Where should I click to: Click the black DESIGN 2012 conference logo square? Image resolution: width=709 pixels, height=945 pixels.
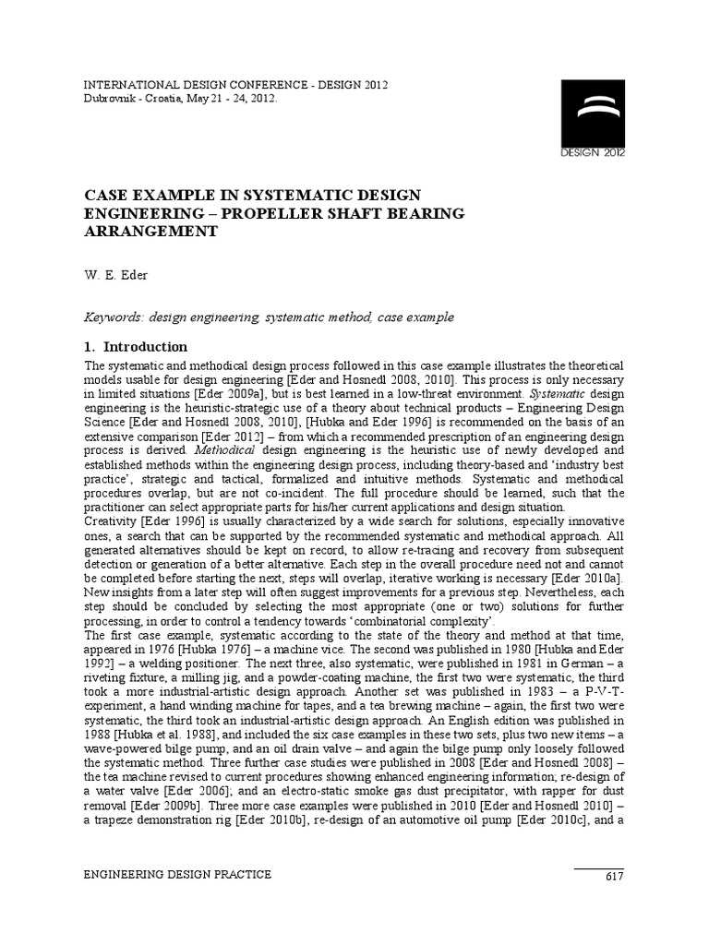click(x=594, y=118)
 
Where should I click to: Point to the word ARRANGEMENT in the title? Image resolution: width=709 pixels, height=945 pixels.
click(x=150, y=232)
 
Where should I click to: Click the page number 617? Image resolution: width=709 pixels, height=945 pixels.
click(x=615, y=875)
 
